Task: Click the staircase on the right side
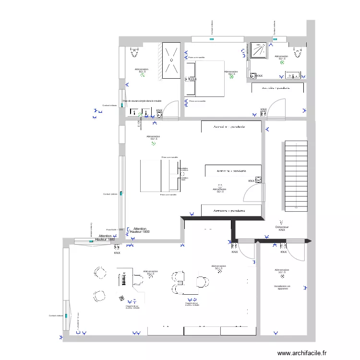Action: [x=296, y=175]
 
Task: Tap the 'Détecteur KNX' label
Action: [x=282, y=228]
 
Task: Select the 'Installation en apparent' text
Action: [x=282, y=288]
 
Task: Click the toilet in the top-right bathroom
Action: [x=299, y=51]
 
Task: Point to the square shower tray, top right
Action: [x=259, y=50]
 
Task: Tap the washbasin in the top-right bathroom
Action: [x=293, y=75]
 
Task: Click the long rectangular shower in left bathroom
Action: [x=170, y=60]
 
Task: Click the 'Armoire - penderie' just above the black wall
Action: [x=231, y=211]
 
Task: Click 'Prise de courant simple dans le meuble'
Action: [x=142, y=101]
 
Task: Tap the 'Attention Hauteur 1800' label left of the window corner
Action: [x=106, y=238]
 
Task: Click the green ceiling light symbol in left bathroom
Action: [x=142, y=75]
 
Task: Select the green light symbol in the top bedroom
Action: [x=231, y=76]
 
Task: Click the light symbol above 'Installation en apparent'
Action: [x=282, y=276]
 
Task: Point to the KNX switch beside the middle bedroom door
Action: [x=258, y=180]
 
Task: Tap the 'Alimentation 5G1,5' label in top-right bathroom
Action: [x=281, y=58]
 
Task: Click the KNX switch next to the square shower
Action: [x=253, y=75]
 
